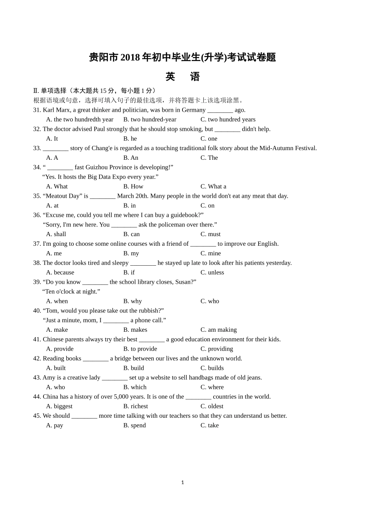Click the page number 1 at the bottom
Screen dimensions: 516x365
point(182,483)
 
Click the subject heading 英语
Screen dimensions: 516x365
point(182,77)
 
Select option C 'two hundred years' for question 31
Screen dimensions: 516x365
point(228,119)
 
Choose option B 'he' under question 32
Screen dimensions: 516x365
point(130,139)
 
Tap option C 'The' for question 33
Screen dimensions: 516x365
point(209,158)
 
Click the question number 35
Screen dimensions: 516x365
point(37,196)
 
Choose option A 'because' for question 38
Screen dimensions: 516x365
point(60,273)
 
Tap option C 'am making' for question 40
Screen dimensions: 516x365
point(219,330)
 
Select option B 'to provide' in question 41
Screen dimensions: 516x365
point(140,349)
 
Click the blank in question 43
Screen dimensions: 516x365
point(114,378)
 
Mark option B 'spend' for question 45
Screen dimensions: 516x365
point(134,425)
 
